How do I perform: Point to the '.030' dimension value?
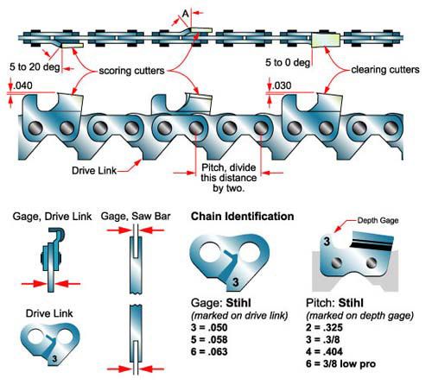pyautogui.click(x=281, y=85)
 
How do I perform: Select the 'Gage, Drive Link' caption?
pyautogui.click(x=45, y=216)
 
